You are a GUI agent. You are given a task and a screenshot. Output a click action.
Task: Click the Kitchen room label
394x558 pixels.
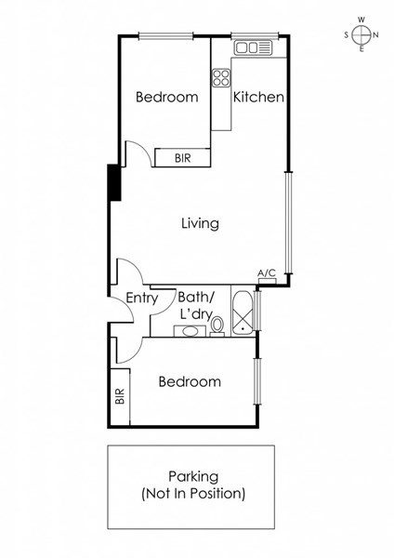tap(258, 97)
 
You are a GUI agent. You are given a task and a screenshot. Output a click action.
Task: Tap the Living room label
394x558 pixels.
tap(200, 223)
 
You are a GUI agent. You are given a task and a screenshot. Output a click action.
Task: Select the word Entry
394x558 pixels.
tap(142, 299)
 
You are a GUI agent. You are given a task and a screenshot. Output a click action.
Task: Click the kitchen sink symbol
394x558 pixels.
tap(253, 47)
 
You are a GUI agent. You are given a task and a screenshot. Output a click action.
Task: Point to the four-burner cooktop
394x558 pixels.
tap(221, 78)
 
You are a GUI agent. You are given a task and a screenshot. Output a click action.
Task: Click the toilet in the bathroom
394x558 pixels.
tap(217, 326)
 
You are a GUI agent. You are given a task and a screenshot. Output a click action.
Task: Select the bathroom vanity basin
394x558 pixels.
tap(190, 331)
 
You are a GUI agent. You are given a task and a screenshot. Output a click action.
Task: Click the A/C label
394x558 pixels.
tap(267, 273)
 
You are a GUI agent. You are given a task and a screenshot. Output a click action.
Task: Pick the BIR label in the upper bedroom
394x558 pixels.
tap(183, 158)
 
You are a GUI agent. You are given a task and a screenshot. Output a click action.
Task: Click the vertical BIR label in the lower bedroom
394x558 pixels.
tap(120, 396)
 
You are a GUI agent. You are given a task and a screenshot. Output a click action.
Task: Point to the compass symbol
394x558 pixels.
tap(361, 35)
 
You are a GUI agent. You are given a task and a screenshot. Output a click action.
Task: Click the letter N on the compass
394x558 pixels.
tap(375, 35)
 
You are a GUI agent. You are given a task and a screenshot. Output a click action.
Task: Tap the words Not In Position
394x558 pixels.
tap(193, 494)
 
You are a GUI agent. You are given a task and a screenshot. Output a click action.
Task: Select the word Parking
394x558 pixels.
tap(193, 477)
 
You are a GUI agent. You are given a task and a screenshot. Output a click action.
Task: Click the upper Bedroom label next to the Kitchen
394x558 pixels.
tap(166, 97)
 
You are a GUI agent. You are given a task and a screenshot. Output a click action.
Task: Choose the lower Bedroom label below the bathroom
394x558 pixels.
tap(190, 382)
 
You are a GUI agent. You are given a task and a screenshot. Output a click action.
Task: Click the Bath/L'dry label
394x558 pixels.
tap(196, 306)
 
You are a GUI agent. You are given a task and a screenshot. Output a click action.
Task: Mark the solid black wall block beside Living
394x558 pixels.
tap(114, 182)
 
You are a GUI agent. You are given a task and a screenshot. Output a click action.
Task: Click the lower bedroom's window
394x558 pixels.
tap(257, 381)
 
